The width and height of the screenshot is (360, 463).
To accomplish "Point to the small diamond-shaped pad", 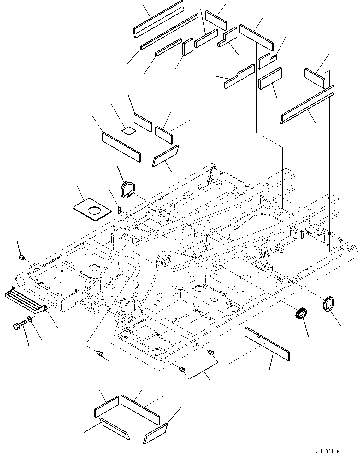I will point(129,131).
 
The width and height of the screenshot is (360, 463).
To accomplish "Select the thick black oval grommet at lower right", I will point(301,313).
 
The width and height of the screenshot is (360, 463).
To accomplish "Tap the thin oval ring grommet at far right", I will point(328,304).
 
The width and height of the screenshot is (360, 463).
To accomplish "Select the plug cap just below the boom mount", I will point(100,353).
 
